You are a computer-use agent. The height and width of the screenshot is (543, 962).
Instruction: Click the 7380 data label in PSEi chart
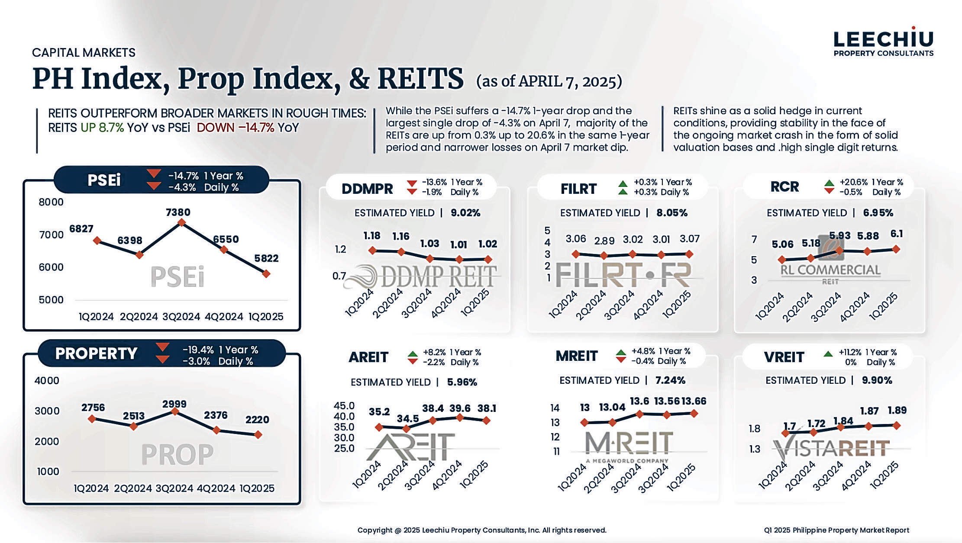click(x=178, y=212)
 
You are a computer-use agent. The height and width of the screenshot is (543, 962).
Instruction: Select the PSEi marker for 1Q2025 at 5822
click(x=266, y=274)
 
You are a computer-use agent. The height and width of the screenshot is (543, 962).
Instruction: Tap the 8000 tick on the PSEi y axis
click(x=51, y=202)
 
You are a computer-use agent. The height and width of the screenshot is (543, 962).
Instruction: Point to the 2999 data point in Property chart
click(x=175, y=411)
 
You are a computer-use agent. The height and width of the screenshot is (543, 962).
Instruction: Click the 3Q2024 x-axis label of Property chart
click(x=174, y=488)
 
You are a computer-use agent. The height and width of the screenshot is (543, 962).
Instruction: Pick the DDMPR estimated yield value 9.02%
click(x=465, y=213)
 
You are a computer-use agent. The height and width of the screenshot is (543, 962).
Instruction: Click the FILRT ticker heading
click(x=578, y=189)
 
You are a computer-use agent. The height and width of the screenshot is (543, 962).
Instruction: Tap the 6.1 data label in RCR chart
click(x=897, y=234)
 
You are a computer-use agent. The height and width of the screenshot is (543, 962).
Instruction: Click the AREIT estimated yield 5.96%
click(x=462, y=382)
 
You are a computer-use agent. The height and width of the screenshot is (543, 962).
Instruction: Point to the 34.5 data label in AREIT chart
click(x=408, y=419)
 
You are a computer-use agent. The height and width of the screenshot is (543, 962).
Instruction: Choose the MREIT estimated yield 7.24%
click(x=670, y=380)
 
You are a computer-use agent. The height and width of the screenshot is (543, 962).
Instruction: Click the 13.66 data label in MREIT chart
click(x=694, y=402)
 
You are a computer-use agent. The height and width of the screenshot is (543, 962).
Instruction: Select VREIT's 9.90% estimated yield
click(x=877, y=380)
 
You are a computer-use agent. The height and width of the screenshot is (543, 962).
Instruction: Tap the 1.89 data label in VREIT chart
click(x=897, y=410)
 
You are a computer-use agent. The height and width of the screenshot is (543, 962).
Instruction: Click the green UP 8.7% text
click(x=102, y=128)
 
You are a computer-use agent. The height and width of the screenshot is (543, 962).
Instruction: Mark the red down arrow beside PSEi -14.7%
click(x=154, y=174)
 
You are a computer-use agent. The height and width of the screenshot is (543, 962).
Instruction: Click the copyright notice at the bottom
click(x=481, y=530)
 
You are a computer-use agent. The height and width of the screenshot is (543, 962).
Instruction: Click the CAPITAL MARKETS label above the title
click(x=84, y=53)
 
